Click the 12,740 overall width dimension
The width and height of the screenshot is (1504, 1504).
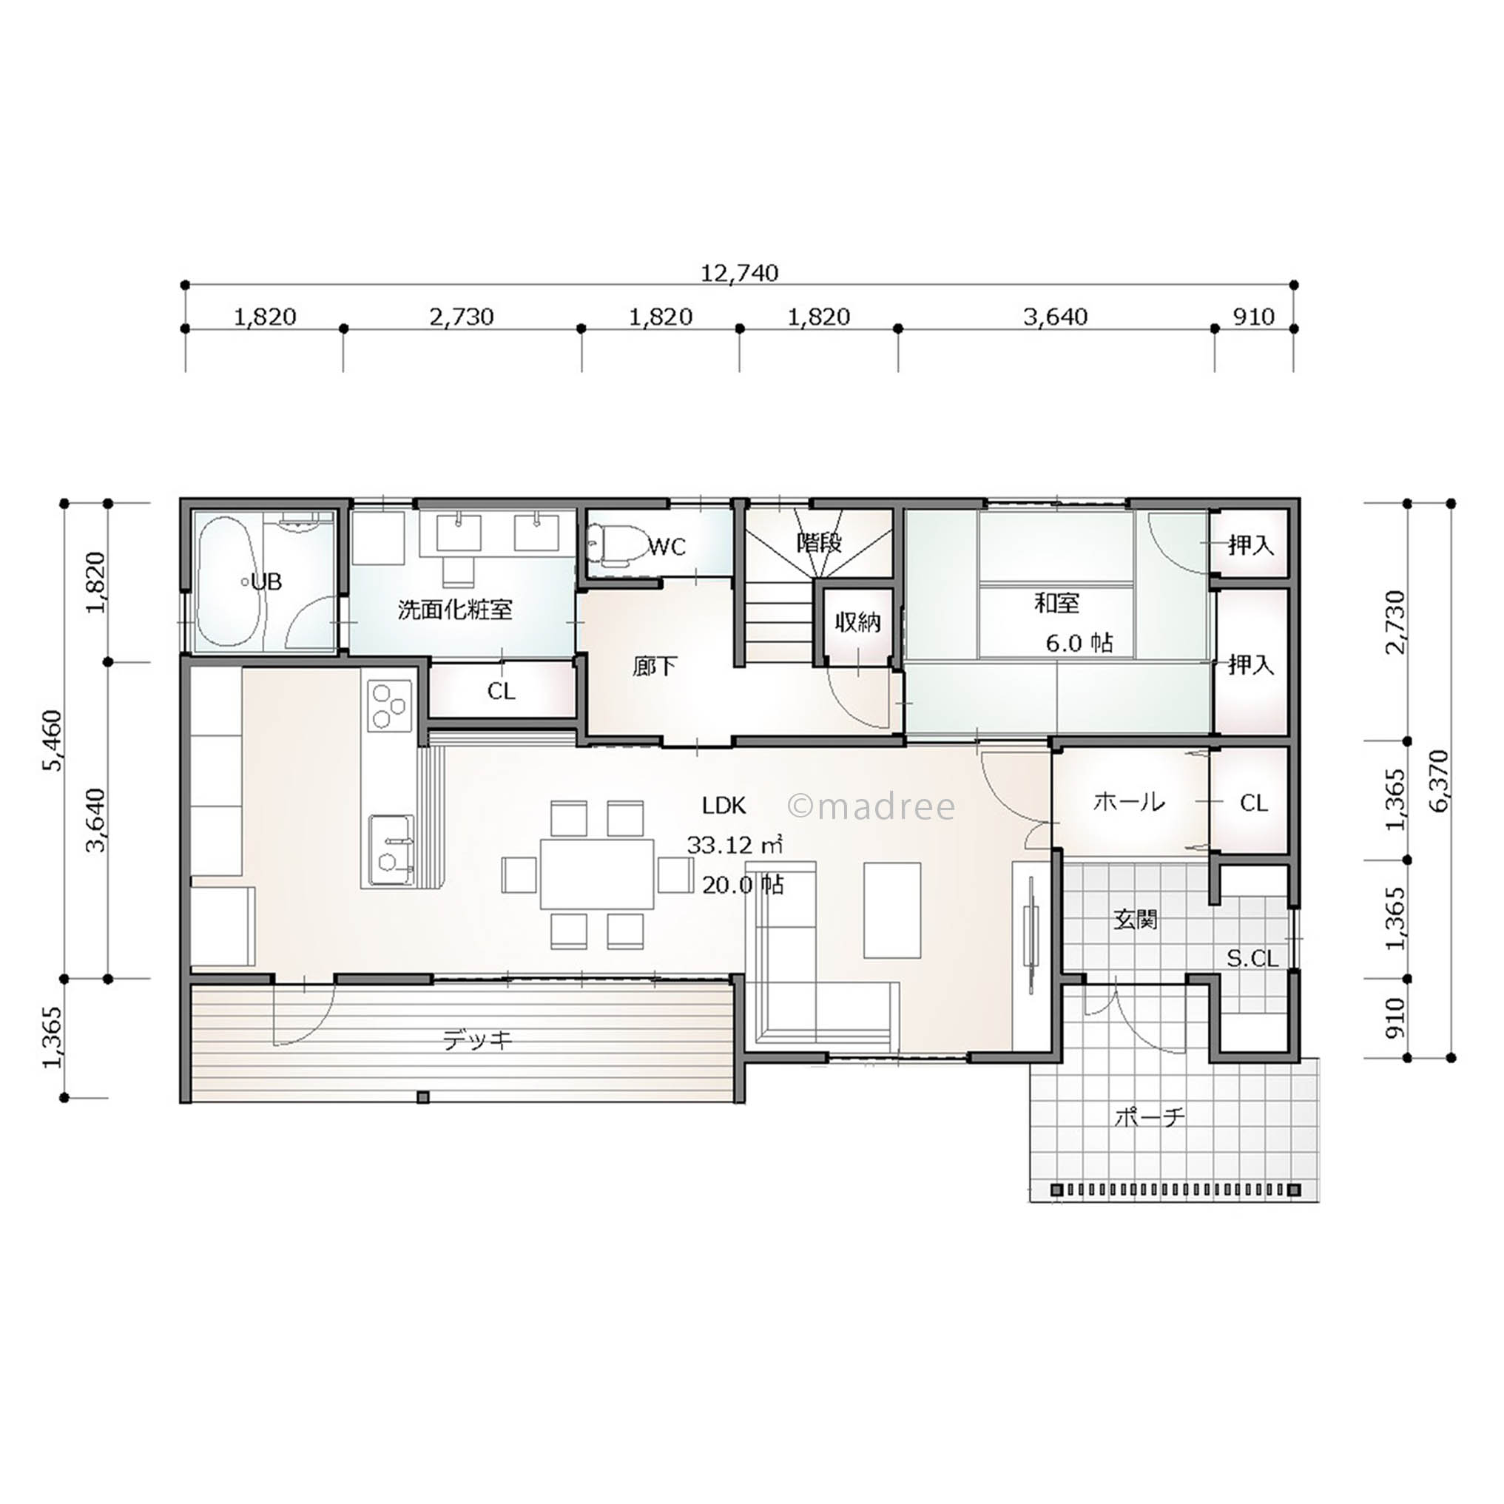pos(740,273)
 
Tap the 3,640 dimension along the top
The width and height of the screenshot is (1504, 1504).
pos(1055,317)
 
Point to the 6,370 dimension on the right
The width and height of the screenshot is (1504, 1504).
pos(1439,780)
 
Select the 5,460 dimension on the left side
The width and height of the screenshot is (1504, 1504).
pos(53,741)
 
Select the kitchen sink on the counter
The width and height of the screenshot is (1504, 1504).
pos(391,850)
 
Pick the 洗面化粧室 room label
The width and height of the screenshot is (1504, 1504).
pos(455,609)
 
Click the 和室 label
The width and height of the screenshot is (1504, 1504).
pos(1056,602)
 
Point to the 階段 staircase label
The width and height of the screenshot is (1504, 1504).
pos(820,542)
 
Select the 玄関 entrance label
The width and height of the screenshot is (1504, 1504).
pos(1136,920)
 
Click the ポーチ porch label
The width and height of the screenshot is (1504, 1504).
pos(1150,1118)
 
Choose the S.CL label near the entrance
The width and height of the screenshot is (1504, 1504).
pos(1252,959)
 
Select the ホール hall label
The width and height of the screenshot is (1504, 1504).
pos(1129,801)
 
